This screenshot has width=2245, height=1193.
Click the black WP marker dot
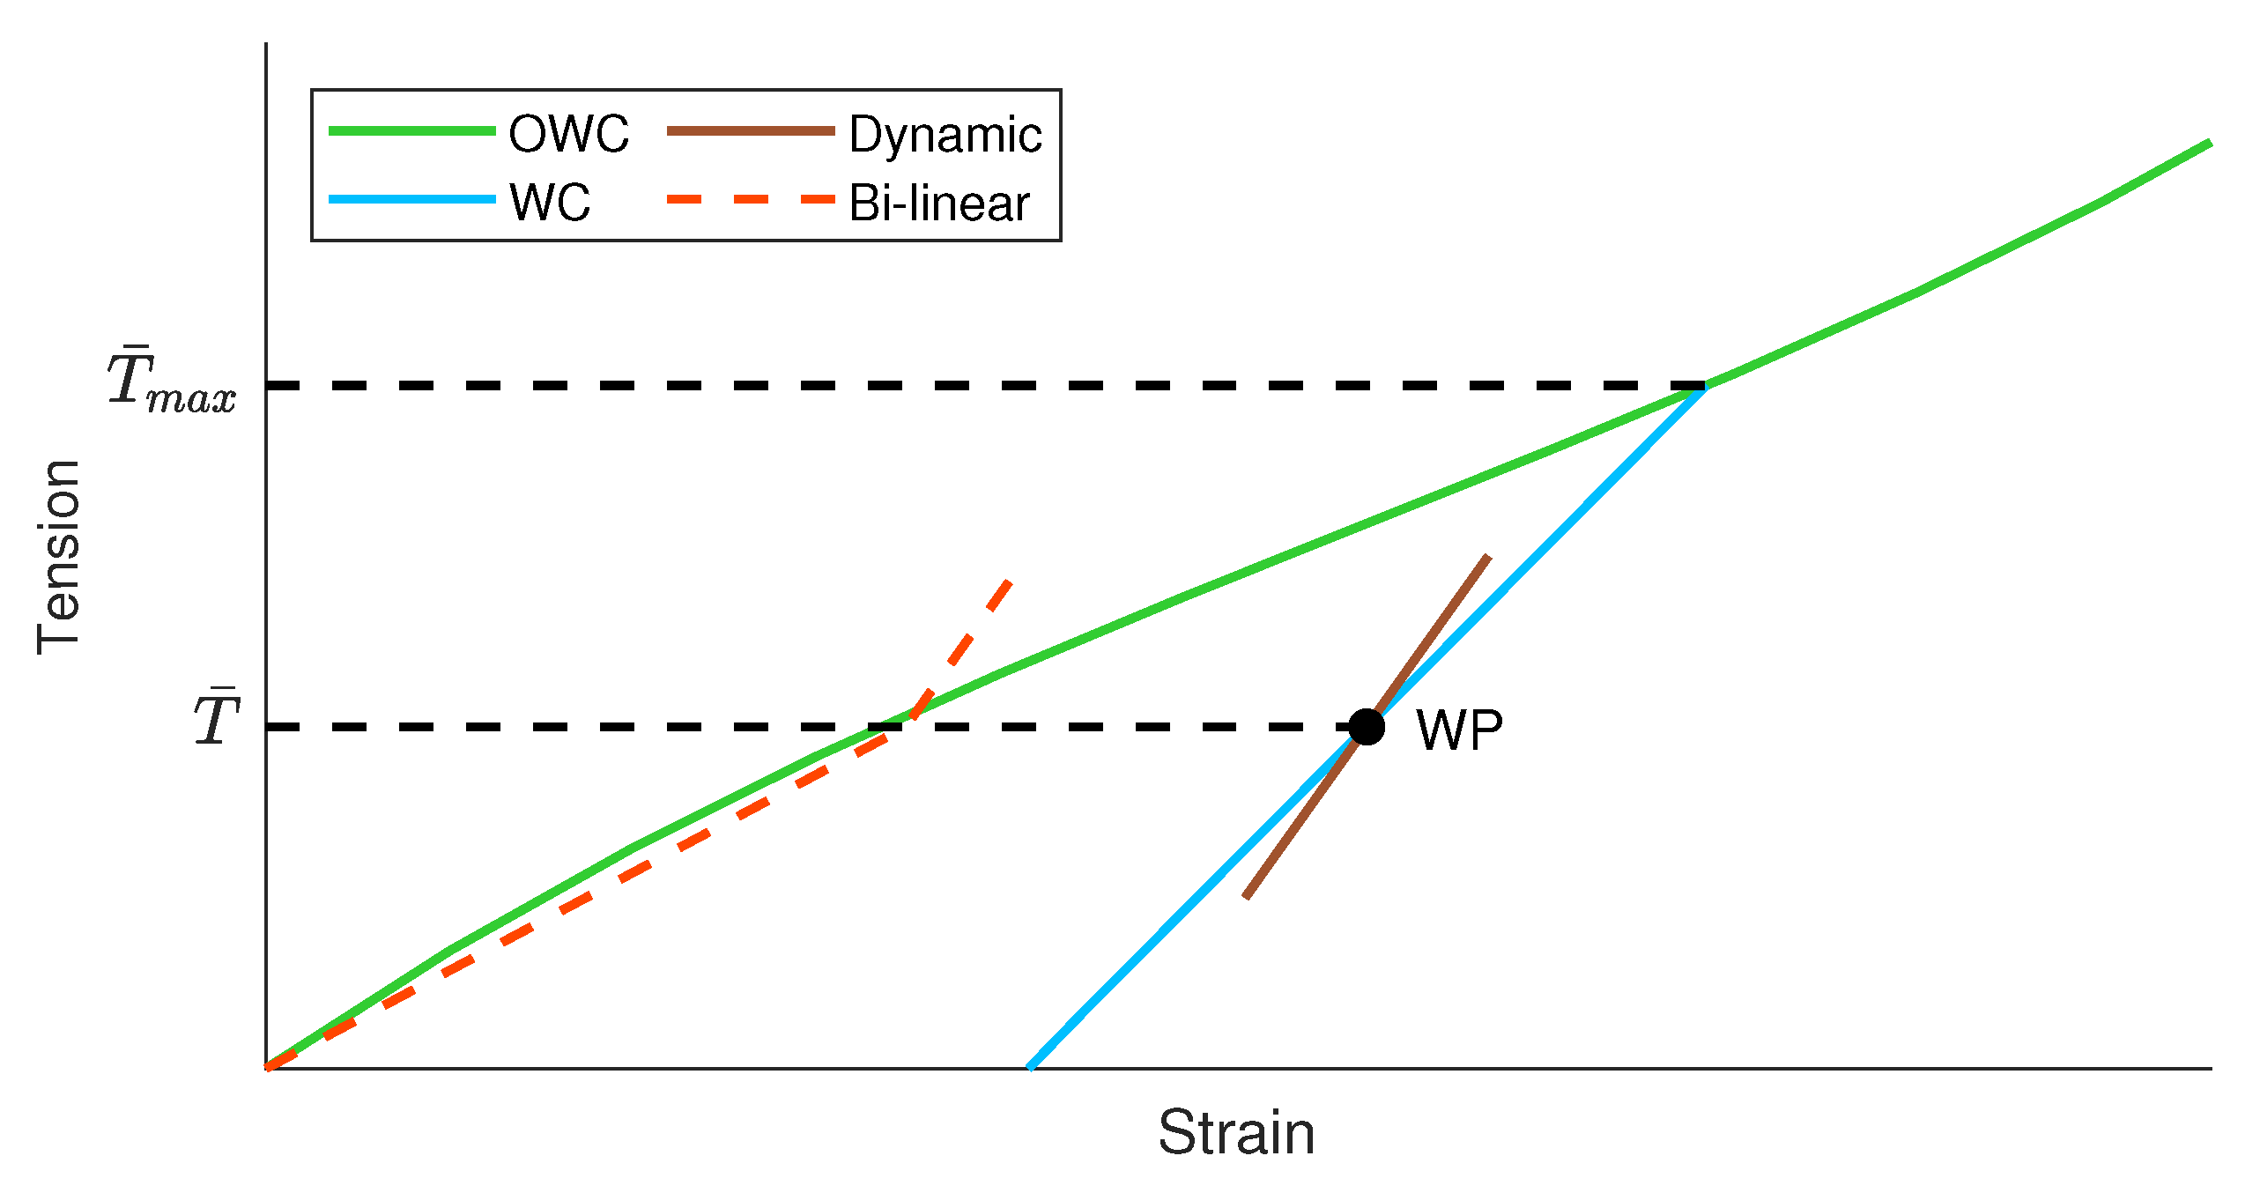[1367, 727]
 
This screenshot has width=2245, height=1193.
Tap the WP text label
[1459, 730]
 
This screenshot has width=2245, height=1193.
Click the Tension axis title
[60, 557]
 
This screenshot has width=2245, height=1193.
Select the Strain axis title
[1236, 1133]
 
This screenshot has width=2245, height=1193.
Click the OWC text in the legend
[569, 135]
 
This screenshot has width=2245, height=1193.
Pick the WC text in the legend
[550, 203]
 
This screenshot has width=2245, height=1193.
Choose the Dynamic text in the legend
[945, 135]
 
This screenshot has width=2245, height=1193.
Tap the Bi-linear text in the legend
[939, 204]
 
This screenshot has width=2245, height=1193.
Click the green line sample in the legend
[411, 131]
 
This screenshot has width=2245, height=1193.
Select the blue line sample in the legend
[411, 200]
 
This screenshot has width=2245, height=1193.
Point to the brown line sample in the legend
[751, 131]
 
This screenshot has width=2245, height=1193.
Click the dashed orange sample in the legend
[751, 200]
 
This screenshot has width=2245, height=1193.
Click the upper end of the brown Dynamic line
[1488, 557]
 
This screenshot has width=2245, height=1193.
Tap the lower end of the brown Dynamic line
[1246, 897]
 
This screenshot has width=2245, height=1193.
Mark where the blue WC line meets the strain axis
[1030, 1067]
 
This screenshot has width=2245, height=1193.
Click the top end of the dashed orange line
[1010, 582]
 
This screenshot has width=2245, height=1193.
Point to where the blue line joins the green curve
[1705, 387]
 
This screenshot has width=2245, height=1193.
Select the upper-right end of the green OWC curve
[2210, 143]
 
